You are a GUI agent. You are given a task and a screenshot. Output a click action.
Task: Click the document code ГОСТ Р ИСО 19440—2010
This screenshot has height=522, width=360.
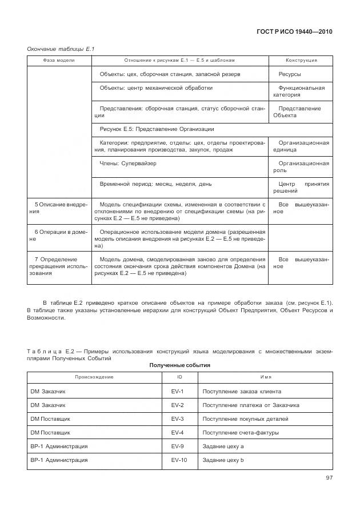tap(294, 32)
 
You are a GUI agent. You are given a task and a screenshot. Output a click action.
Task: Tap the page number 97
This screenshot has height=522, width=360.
tap(329, 477)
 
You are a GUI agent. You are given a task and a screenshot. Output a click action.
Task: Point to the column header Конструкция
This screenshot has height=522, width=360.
tap(301, 61)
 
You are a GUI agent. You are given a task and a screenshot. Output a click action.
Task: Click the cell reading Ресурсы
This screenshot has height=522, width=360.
tap(290, 74)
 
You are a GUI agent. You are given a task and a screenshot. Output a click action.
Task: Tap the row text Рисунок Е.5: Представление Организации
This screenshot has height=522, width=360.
tap(157, 129)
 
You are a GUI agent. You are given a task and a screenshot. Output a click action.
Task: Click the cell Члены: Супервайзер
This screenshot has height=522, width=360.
tap(128, 164)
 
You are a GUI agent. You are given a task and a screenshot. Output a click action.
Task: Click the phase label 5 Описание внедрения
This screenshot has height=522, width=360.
tap(58, 208)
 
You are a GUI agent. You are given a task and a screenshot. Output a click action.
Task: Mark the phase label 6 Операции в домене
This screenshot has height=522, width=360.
tap(58, 236)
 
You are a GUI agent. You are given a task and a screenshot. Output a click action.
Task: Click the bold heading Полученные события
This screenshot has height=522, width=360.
tap(180, 365)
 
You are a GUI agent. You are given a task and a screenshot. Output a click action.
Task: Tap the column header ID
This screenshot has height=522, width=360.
tap(179, 377)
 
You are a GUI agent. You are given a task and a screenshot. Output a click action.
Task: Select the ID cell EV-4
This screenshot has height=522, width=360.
tap(177, 432)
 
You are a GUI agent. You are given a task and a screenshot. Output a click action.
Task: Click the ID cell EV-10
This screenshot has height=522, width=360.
tap(179, 460)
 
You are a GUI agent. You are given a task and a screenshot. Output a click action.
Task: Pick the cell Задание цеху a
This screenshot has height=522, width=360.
tap(223, 446)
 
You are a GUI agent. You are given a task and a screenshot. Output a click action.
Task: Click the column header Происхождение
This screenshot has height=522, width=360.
tap(94, 377)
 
